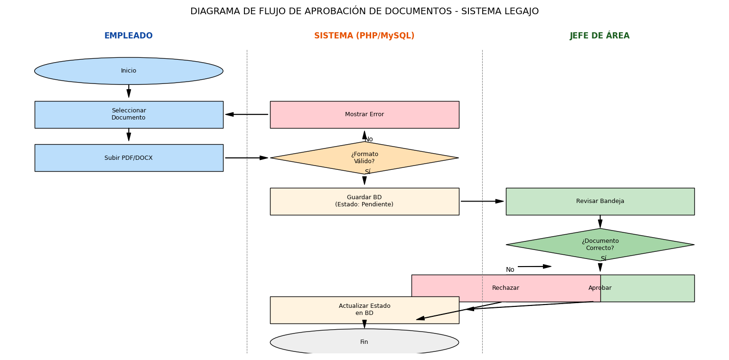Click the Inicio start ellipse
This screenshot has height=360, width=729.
point(129,71)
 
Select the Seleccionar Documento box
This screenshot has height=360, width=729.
point(129,114)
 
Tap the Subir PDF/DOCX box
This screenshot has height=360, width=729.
point(129,158)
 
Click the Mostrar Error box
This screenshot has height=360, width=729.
point(364,114)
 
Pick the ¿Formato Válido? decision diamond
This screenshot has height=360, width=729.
point(364,158)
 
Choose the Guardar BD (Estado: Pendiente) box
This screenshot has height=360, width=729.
point(364,201)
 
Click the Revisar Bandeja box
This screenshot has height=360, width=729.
point(600,201)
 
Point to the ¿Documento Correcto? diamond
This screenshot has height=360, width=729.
point(600,245)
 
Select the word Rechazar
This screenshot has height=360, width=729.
point(505,288)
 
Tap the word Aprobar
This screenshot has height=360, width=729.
point(600,288)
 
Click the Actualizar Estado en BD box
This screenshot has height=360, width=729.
point(364,310)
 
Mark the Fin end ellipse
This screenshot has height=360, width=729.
point(364,342)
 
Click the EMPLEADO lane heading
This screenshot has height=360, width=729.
point(129,36)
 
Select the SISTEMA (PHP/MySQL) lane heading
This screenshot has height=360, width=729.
point(364,36)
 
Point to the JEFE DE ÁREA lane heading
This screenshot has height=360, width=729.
point(600,36)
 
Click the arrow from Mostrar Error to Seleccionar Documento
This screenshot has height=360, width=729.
point(247,114)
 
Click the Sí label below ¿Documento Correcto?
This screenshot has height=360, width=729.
point(603,259)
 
